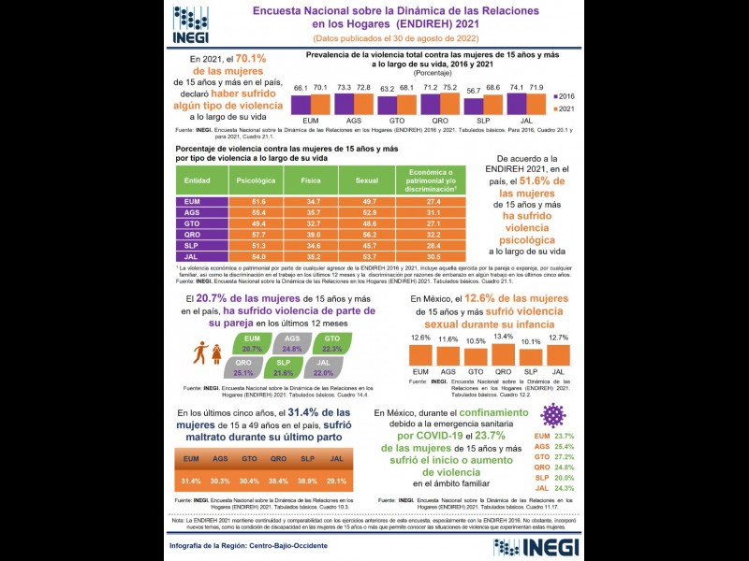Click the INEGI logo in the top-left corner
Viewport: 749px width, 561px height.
tap(191, 24)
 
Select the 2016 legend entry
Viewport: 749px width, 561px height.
tap(564, 95)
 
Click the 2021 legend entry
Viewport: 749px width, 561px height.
tap(564, 108)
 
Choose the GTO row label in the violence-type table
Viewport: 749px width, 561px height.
tap(192, 224)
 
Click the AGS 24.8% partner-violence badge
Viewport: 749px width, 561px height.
tap(292, 343)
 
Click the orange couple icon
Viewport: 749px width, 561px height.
tap(206, 354)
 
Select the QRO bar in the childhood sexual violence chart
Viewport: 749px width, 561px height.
tap(503, 354)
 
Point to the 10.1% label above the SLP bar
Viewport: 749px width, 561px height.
tap(531, 341)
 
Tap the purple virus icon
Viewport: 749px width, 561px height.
tap(554, 414)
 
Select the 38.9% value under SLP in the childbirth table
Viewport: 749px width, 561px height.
tap(307, 481)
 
